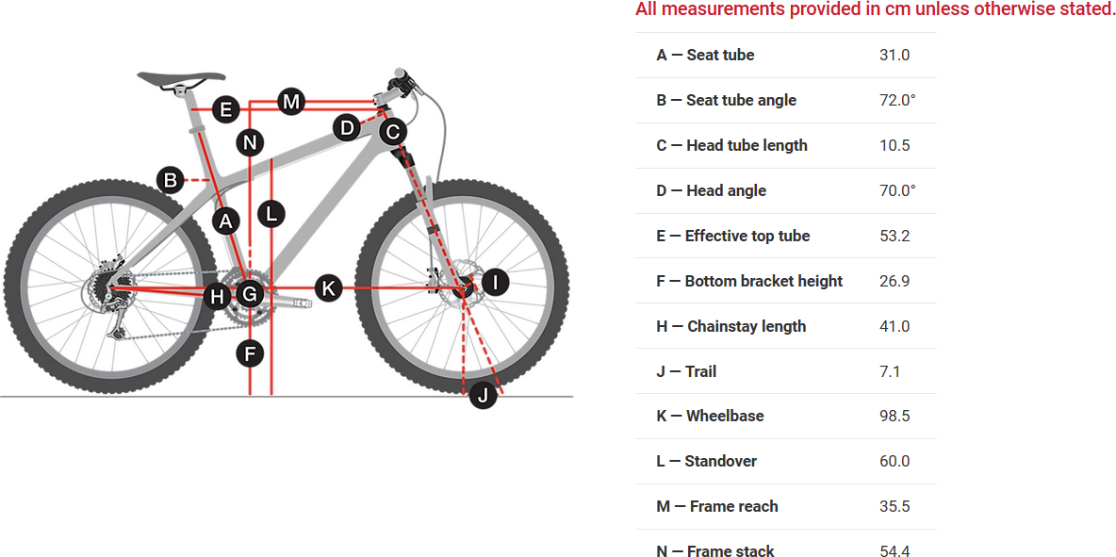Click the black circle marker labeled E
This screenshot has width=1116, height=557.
tap(226, 110)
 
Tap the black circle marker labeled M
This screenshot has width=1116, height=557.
tap(291, 101)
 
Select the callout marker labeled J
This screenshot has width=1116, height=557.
tap(483, 395)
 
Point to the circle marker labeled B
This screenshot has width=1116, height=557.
tap(171, 179)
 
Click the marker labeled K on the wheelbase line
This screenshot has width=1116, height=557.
tap(327, 287)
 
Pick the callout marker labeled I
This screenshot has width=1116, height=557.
tap(495, 281)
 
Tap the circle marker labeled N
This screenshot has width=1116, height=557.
tap(250, 143)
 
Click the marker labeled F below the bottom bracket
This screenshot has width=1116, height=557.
tap(250, 354)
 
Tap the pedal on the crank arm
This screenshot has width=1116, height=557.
tap(300, 303)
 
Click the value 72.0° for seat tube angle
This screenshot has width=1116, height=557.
tap(897, 100)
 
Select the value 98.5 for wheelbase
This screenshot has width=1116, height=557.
tap(894, 416)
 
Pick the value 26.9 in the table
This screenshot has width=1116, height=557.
tap(894, 281)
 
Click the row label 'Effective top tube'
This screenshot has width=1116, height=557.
tap(747, 236)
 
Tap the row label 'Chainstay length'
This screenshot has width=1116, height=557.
tap(747, 326)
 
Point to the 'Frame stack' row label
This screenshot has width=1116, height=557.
tap(730, 551)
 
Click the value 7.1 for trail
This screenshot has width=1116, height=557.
tap(890, 371)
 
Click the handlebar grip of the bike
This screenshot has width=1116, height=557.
tap(401, 74)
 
